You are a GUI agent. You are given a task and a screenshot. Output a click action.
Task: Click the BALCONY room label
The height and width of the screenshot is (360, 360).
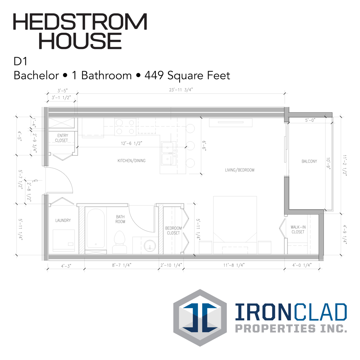pyautogui.click(x=309, y=161)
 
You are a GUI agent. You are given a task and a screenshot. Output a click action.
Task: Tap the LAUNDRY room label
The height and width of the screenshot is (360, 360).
pyautogui.click(x=63, y=220)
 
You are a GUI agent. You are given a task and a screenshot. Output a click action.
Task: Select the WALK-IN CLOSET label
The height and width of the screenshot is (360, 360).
pyautogui.click(x=298, y=229)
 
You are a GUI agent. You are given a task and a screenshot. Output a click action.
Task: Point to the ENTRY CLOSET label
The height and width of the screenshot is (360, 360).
pyautogui.click(x=62, y=138)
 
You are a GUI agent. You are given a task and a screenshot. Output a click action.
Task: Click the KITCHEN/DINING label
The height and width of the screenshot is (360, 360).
pyautogui.click(x=131, y=161)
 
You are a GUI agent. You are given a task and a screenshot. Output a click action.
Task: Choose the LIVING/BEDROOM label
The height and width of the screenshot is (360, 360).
pyautogui.click(x=239, y=170)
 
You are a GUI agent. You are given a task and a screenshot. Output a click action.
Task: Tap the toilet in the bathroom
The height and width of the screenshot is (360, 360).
pyautogui.click(x=120, y=242)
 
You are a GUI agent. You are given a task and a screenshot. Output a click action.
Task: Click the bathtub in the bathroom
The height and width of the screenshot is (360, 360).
pyautogui.click(x=96, y=229)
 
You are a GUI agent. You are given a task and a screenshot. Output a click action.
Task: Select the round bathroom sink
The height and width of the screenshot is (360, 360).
pyautogui.click(x=150, y=246)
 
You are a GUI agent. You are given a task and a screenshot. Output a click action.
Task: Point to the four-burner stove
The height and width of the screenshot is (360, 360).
pyautogui.click(x=125, y=127)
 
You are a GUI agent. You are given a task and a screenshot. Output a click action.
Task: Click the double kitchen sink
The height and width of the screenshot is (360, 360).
pyautogui.click(x=168, y=153)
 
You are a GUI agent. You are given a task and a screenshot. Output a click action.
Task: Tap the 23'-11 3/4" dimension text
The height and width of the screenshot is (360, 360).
pyautogui.click(x=181, y=90)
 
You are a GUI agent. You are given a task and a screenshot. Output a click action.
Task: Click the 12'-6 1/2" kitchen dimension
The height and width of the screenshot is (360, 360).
pyautogui.click(x=131, y=143)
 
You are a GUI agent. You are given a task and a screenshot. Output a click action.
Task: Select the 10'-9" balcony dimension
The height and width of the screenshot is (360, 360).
pyautogui.click(x=328, y=163)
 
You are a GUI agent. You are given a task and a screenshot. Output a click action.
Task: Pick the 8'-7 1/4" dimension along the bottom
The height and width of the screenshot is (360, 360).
pyautogui.click(x=121, y=265)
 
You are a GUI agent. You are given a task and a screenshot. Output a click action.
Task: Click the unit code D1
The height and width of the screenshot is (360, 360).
pyautogui.click(x=20, y=61)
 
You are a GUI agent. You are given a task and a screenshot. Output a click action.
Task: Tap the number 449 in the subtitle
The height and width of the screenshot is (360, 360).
pyautogui.click(x=154, y=75)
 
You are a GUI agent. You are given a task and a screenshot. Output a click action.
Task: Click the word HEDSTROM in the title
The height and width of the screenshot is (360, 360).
pyautogui.click(x=80, y=21)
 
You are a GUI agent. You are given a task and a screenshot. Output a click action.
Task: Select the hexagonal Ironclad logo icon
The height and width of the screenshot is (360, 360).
pyautogui.click(x=200, y=318)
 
